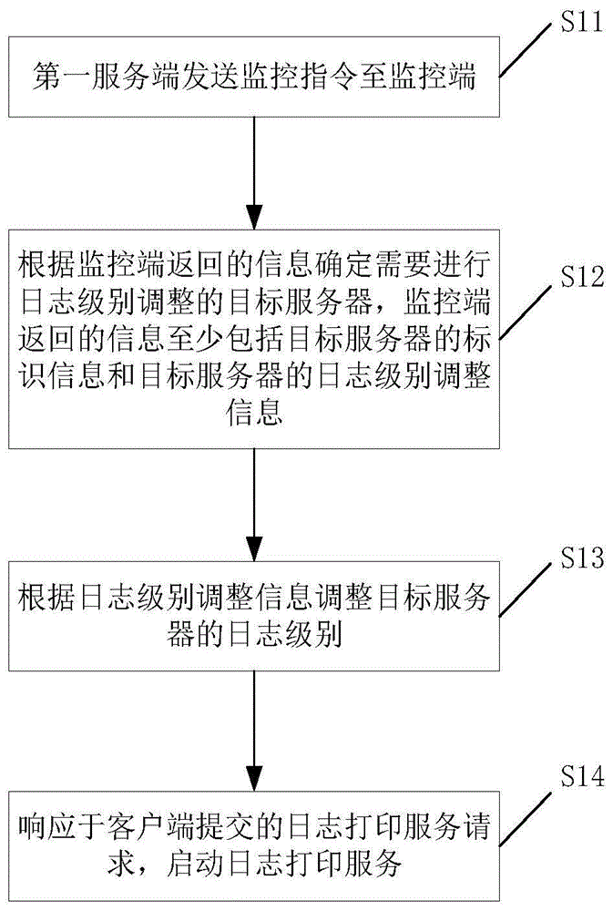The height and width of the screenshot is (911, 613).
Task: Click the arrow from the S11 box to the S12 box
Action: point(255,173)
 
